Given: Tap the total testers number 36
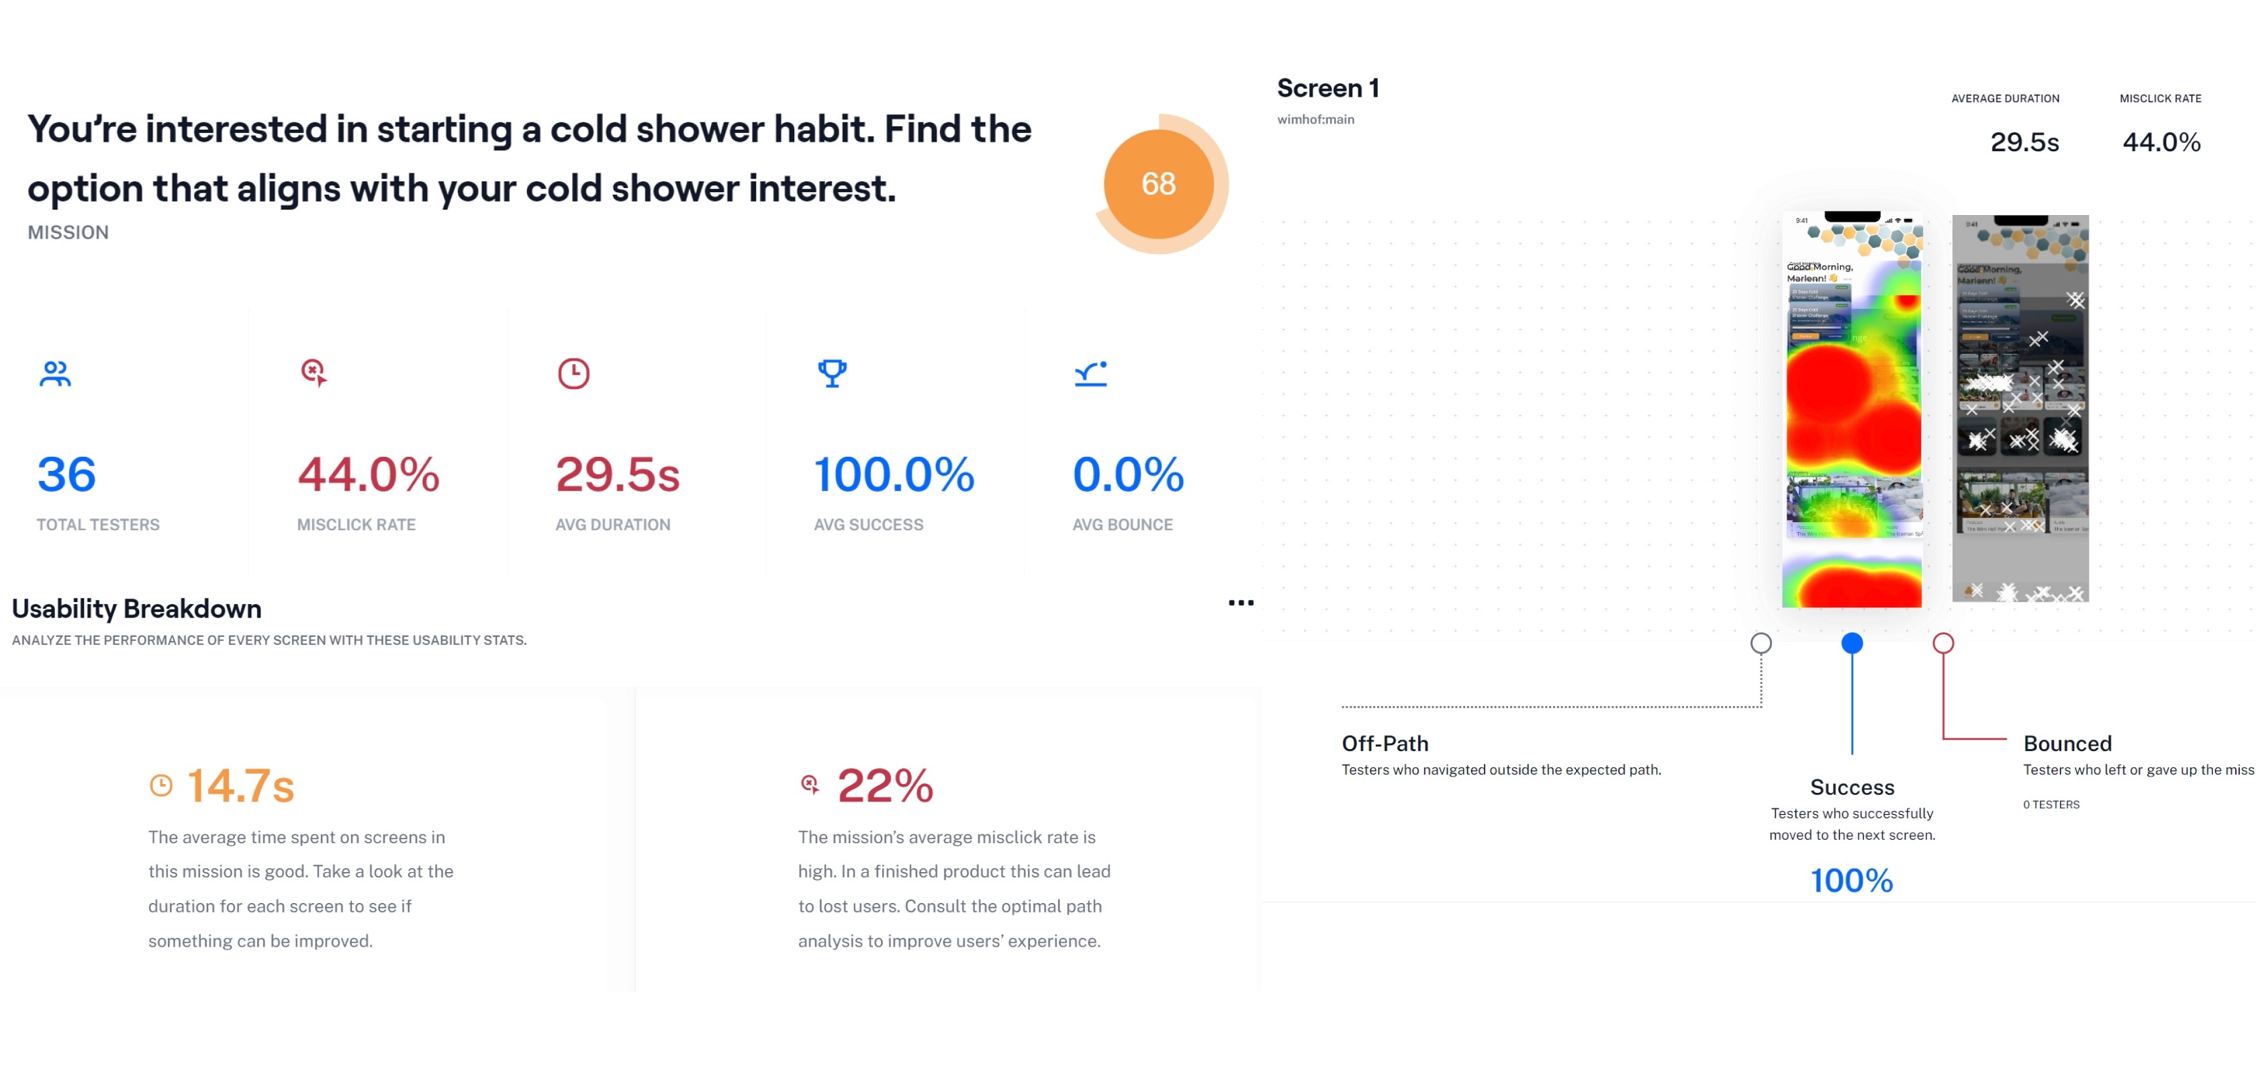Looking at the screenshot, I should pyautogui.click(x=66, y=475).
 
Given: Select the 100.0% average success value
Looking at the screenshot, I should pyautogui.click(x=893, y=475).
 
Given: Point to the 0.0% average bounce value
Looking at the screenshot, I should pyautogui.click(x=1127, y=475).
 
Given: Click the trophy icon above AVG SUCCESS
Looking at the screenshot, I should pyautogui.click(x=832, y=374).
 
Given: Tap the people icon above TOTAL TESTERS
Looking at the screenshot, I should pyautogui.click(x=55, y=374).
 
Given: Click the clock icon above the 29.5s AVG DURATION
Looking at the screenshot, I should pyautogui.click(x=573, y=374).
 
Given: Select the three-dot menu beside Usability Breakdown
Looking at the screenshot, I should pyautogui.click(x=1240, y=603).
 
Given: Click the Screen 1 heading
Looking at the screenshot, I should pyautogui.click(x=1327, y=89).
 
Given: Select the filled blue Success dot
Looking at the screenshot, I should pyautogui.click(x=1851, y=643).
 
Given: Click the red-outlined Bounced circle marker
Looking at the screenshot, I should pyautogui.click(x=1942, y=643).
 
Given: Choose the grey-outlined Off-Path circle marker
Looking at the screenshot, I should pyautogui.click(x=1760, y=643).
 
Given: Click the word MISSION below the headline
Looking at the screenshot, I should pyautogui.click(x=68, y=233).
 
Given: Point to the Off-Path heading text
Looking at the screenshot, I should pyautogui.click(x=1384, y=744).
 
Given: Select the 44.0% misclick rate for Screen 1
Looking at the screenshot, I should pyautogui.click(x=2161, y=142).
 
